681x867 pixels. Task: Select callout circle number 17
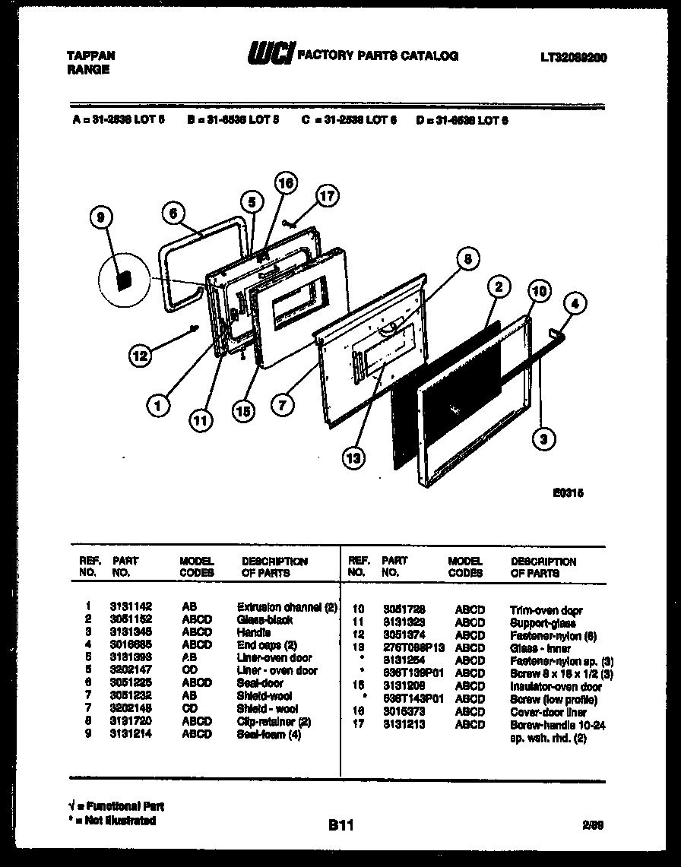pyautogui.click(x=326, y=196)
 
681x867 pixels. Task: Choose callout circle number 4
pyautogui.click(x=575, y=304)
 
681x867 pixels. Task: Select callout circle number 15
pyautogui.click(x=244, y=410)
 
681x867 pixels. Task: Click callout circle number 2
pyautogui.click(x=498, y=287)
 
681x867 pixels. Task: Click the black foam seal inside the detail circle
pyautogui.click(x=122, y=279)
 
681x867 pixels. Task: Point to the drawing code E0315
pyautogui.click(x=568, y=492)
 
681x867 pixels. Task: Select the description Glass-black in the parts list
pyautogui.click(x=264, y=620)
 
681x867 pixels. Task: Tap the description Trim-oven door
pyautogui.click(x=542, y=610)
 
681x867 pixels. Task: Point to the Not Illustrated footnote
pyautogui.click(x=115, y=821)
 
